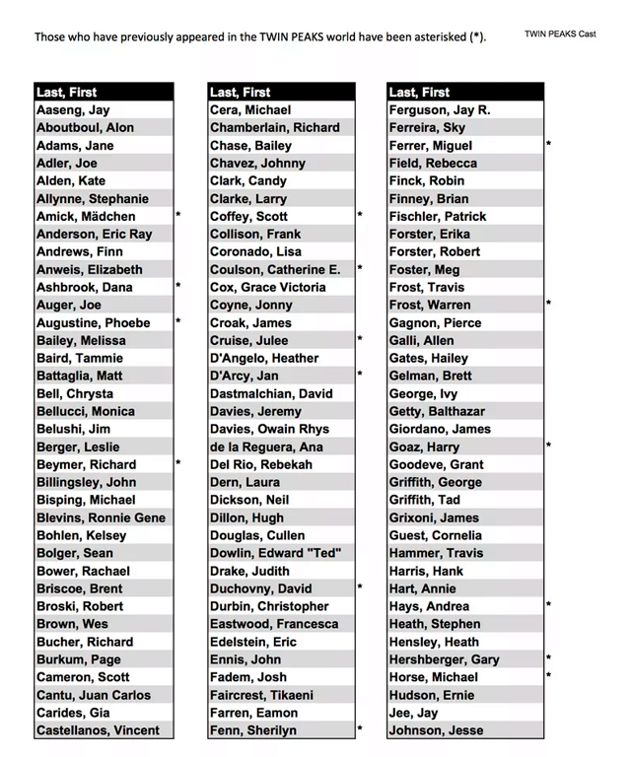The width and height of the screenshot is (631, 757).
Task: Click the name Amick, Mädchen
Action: click(86, 217)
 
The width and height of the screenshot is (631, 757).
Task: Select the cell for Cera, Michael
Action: click(250, 110)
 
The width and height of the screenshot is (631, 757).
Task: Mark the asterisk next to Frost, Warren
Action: click(548, 305)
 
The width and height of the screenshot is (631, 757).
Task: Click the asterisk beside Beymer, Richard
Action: click(178, 462)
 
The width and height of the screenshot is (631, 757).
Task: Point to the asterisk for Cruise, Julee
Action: click(360, 339)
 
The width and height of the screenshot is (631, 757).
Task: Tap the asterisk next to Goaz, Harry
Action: click(548, 446)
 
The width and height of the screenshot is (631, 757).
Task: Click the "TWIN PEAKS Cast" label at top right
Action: click(560, 34)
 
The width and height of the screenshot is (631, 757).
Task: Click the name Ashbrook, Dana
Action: click(84, 288)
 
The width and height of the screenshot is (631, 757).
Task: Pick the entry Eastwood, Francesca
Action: click(274, 624)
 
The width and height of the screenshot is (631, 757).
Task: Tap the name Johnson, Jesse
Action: click(438, 730)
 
